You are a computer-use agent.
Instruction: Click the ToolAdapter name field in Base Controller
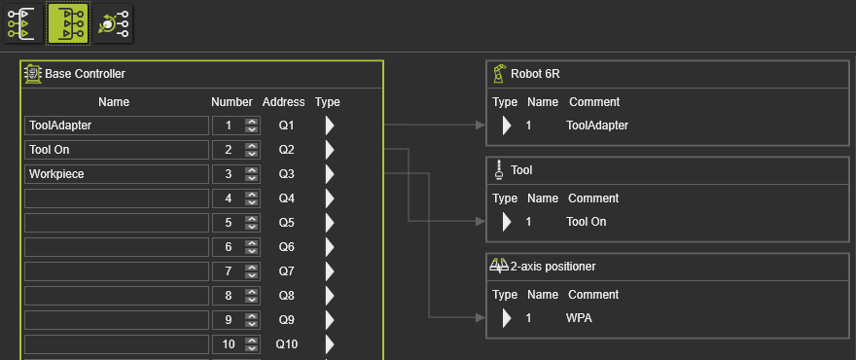tap(117, 126)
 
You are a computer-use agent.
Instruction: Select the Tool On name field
tap(117, 150)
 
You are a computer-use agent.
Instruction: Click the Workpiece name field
tap(117, 174)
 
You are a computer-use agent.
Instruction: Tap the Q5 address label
tap(287, 223)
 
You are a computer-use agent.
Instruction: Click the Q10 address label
tap(287, 344)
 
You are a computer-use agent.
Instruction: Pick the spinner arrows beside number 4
tap(252, 198)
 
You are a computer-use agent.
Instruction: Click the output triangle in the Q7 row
tap(330, 270)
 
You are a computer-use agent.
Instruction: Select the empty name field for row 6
tap(117, 247)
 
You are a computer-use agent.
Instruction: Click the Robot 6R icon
tap(499, 74)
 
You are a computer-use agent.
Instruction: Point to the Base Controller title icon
tap(33, 74)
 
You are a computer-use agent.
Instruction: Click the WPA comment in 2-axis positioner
tap(579, 318)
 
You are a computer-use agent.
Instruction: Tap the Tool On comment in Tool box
tap(587, 222)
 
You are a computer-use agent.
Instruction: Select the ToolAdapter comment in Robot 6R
tap(597, 126)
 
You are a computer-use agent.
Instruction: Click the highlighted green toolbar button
tap(68, 23)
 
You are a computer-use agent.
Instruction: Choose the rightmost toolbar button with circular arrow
tap(113, 23)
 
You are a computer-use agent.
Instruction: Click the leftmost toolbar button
tap(23, 23)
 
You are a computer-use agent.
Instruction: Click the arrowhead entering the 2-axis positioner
tap(481, 317)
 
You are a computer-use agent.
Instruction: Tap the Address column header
tap(283, 102)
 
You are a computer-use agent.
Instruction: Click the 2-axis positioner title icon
tap(499, 266)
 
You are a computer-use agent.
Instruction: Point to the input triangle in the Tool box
tap(507, 222)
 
